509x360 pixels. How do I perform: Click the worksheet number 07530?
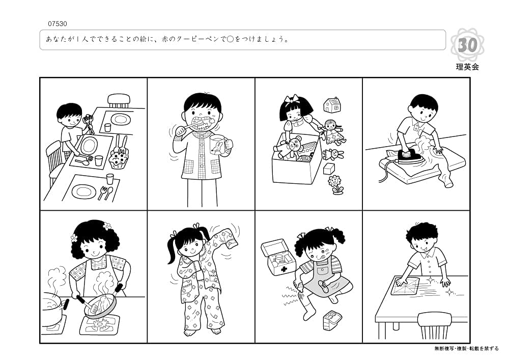[57, 23]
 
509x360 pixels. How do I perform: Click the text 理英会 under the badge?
[467, 67]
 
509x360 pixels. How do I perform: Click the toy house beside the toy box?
[332, 105]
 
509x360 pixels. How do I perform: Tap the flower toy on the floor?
[335, 184]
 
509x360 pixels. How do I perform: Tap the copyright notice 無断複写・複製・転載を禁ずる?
[466, 349]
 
